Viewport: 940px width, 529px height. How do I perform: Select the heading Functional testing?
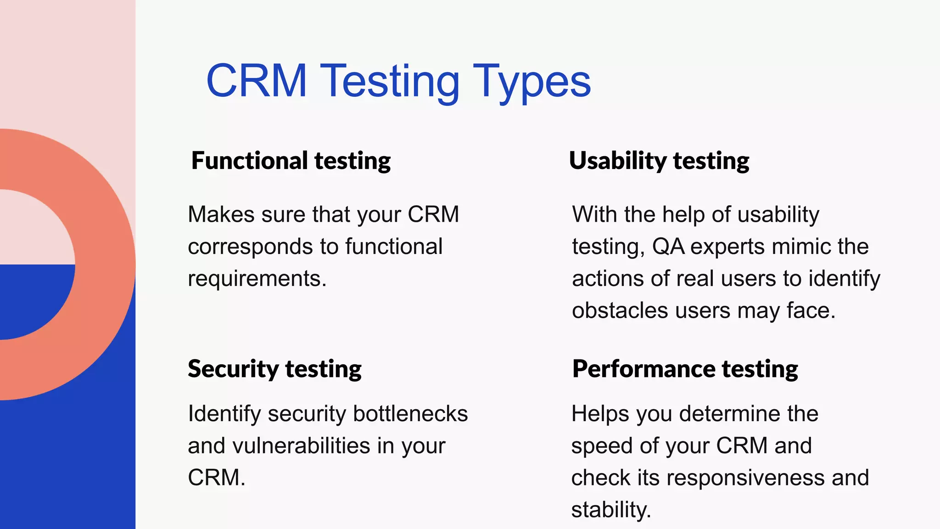pyautogui.click(x=291, y=161)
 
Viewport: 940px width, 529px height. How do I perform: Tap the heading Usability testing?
pyautogui.click(x=659, y=161)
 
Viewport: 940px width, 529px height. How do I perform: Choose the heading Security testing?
pyautogui.click(x=274, y=369)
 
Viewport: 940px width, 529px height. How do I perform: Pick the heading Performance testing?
pyautogui.click(x=685, y=369)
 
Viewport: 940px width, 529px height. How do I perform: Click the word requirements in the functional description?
pyautogui.click(x=257, y=279)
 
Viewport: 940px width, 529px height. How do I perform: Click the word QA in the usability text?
pyautogui.click(x=668, y=247)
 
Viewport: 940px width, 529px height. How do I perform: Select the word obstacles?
pyautogui.click(x=620, y=311)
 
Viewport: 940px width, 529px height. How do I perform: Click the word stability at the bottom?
pyautogui.click(x=610, y=510)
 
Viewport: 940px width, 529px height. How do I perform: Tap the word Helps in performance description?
pyautogui.click(x=600, y=413)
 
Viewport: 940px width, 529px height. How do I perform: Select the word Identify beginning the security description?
pyautogui.click(x=224, y=413)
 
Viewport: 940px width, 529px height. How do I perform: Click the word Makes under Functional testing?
pyautogui.click(x=221, y=214)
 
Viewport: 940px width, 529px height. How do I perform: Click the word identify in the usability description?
pyautogui.click(x=844, y=279)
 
